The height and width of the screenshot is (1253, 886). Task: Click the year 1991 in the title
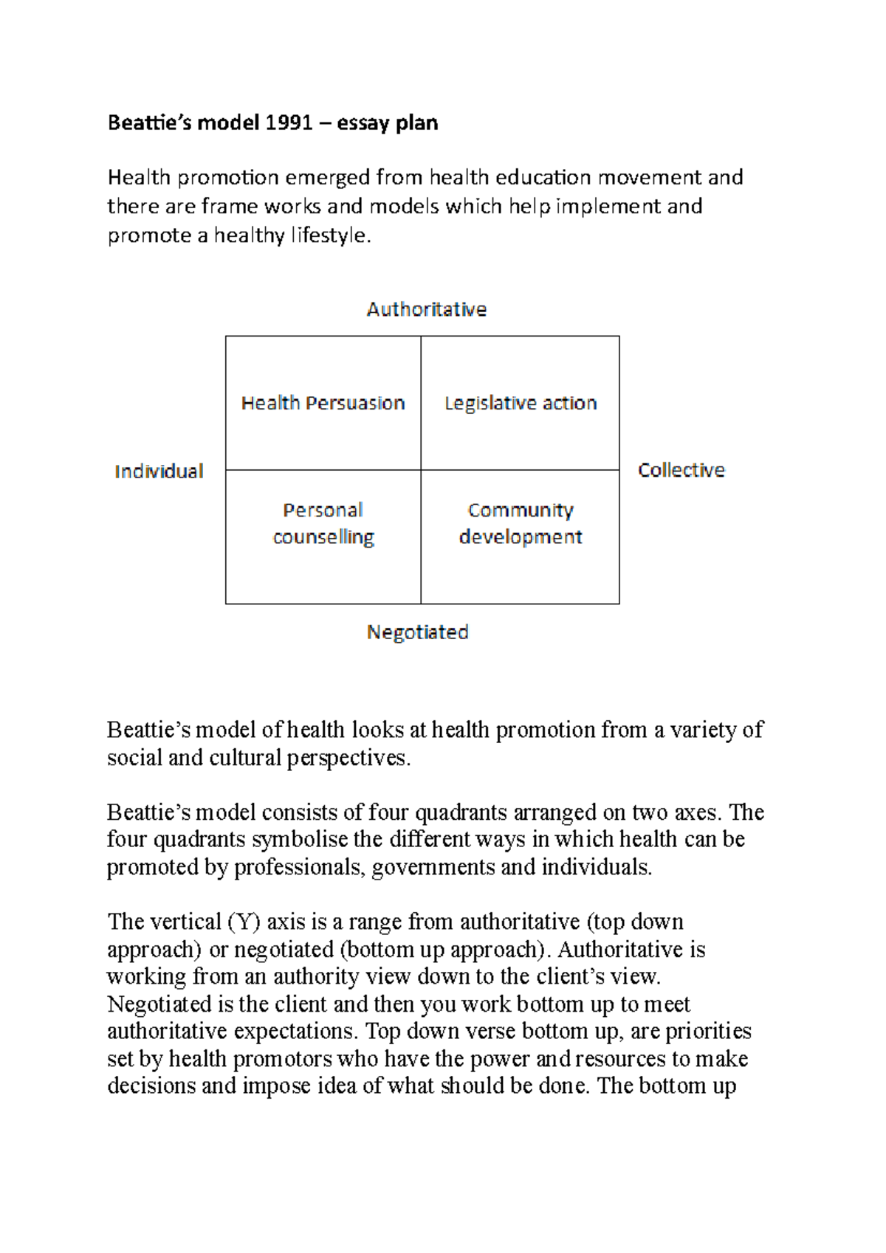(289, 122)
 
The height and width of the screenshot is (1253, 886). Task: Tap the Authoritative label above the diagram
(427, 309)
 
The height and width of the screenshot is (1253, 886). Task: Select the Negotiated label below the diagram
(418, 632)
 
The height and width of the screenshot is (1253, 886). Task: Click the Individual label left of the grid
(159, 472)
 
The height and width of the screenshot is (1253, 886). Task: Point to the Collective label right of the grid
(681, 470)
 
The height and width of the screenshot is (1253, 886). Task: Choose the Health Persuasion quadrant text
(323, 403)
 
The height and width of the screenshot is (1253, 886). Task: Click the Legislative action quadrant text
(521, 403)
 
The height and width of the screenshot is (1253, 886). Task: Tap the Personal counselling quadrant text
(323, 523)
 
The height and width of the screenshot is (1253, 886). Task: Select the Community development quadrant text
(521, 523)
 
